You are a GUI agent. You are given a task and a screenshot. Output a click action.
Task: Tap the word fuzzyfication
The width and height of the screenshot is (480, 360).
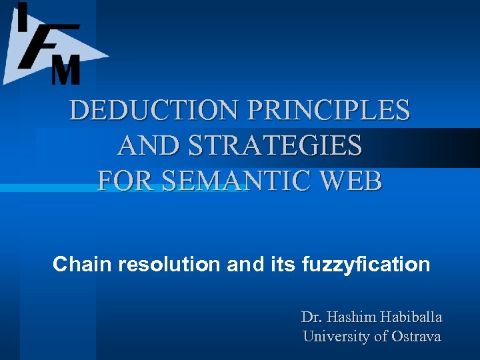tap(366, 265)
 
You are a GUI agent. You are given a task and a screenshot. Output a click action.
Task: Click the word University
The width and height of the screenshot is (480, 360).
tap(335, 337)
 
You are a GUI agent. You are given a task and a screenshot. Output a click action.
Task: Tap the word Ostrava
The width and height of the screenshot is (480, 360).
tap(416, 337)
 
